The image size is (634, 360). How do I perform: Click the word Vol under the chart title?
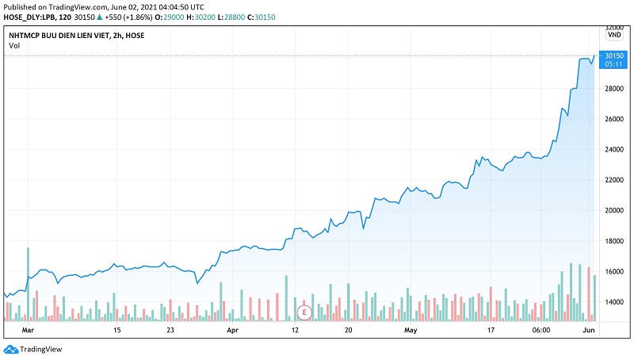tap(14, 45)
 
